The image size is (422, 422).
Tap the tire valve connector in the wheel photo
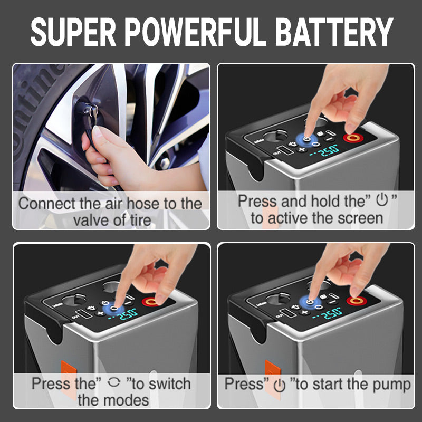pos(87,110)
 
